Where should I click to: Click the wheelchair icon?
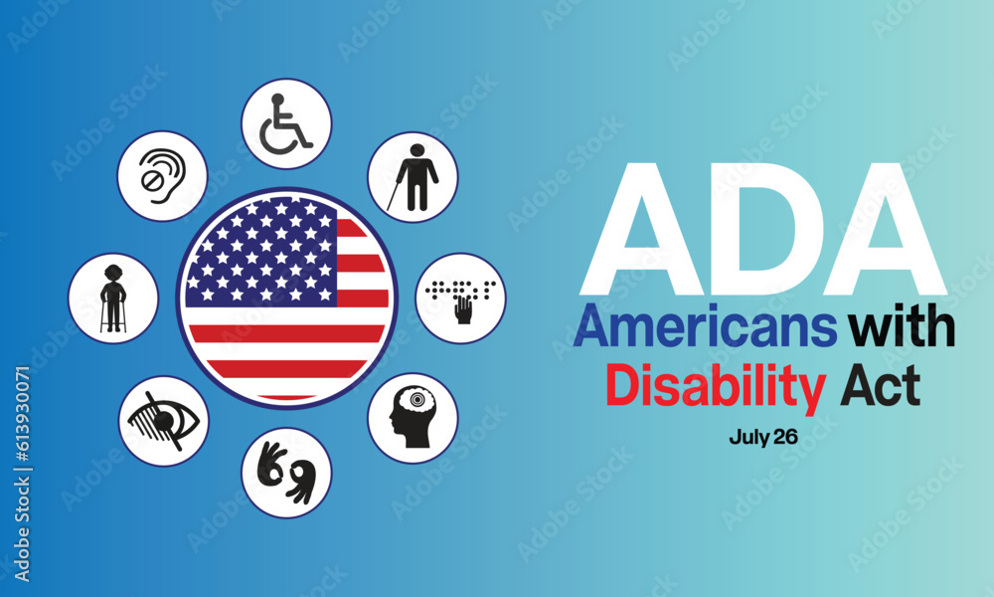click(286, 124)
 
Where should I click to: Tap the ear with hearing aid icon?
click(162, 176)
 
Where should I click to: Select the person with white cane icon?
click(413, 177)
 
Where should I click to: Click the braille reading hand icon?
click(460, 298)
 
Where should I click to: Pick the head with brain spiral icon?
click(413, 418)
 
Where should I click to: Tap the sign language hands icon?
click(286, 472)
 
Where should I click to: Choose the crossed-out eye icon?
click(163, 420)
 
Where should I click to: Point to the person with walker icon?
click(112, 298)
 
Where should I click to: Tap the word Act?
click(880, 386)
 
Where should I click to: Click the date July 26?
click(763, 437)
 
